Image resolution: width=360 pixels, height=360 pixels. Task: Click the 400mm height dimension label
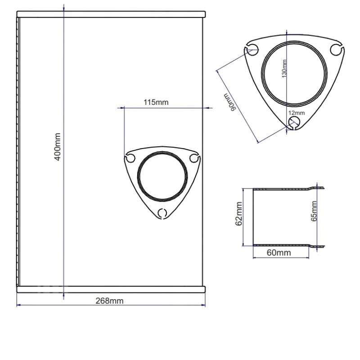(x=58, y=148)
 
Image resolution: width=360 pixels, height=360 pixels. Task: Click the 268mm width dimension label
(x=110, y=300)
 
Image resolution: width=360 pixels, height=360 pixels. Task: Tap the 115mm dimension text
(x=156, y=102)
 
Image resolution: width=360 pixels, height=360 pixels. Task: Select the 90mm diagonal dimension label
(x=230, y=102)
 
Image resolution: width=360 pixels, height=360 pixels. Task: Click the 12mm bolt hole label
(x=297, y=113)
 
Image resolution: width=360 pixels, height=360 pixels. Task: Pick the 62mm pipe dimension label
(x=239, y=214)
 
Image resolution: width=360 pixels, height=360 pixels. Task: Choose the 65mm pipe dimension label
(x=314, y=211)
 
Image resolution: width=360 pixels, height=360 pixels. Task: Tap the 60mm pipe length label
(x=279, y=252)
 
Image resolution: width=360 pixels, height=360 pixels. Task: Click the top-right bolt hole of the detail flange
(x=336, y=49)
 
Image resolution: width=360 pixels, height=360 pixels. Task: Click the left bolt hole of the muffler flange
(x=131, y=158)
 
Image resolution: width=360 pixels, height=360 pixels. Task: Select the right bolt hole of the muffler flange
(x=194, y=158)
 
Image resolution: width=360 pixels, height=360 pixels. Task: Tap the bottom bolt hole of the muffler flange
(x=162, y=212)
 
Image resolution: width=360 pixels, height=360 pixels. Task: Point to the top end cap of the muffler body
(x=111, y=14)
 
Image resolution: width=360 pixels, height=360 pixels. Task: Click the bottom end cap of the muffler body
(x=111, y=289)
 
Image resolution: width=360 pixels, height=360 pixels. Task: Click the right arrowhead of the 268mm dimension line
(x=203, y=306)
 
